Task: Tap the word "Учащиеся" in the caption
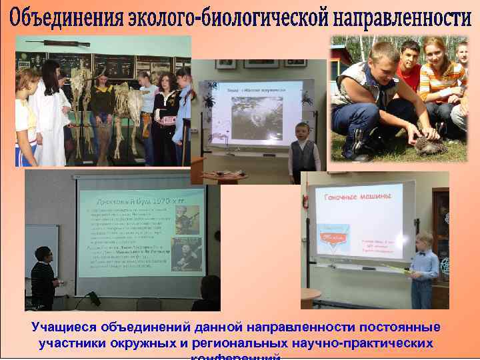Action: click(60, 328)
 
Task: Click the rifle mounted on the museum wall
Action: click(66, 43)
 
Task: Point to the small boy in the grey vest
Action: click(303, 153)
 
